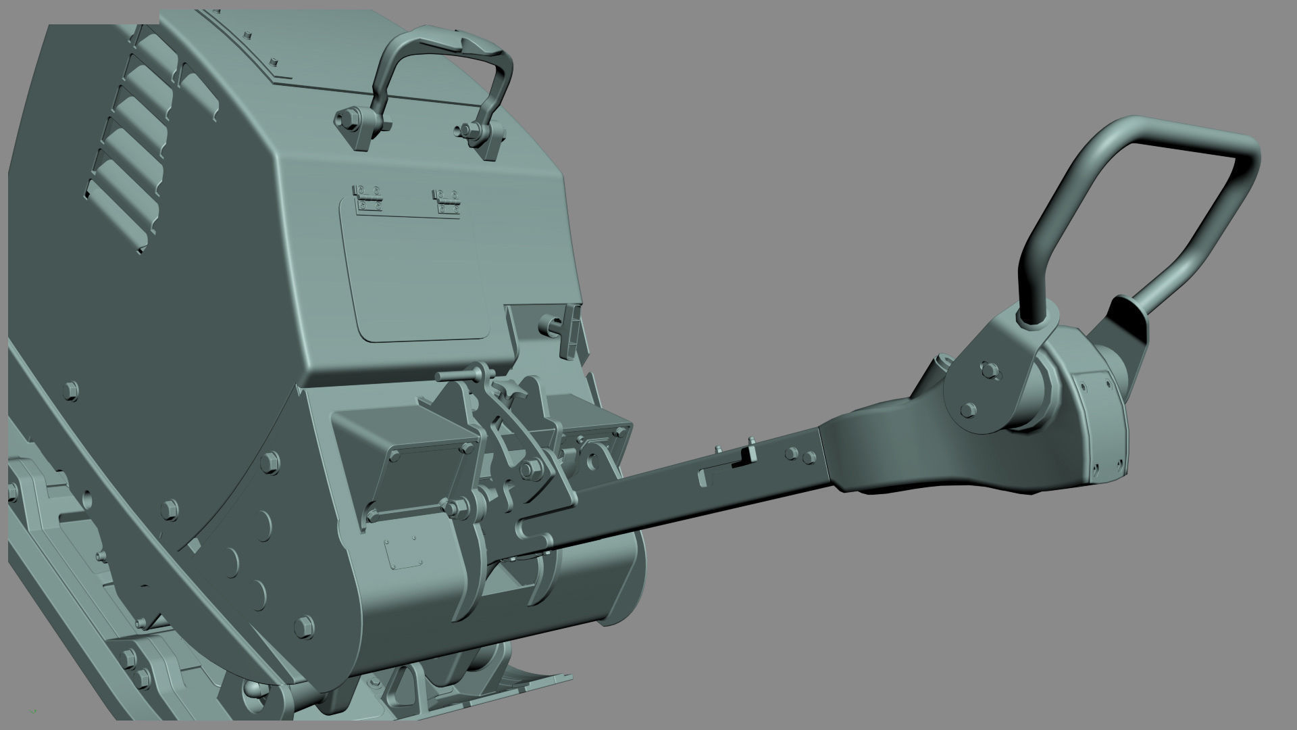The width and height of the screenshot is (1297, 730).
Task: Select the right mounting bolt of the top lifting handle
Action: click(467, 130)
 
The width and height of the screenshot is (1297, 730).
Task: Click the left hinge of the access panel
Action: click(367, 198)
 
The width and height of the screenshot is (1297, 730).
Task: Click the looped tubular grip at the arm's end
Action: click(1142, 203)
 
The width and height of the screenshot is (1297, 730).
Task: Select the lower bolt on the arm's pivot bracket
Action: click(968, 410)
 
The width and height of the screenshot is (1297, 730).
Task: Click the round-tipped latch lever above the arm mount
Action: click(466, 374)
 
